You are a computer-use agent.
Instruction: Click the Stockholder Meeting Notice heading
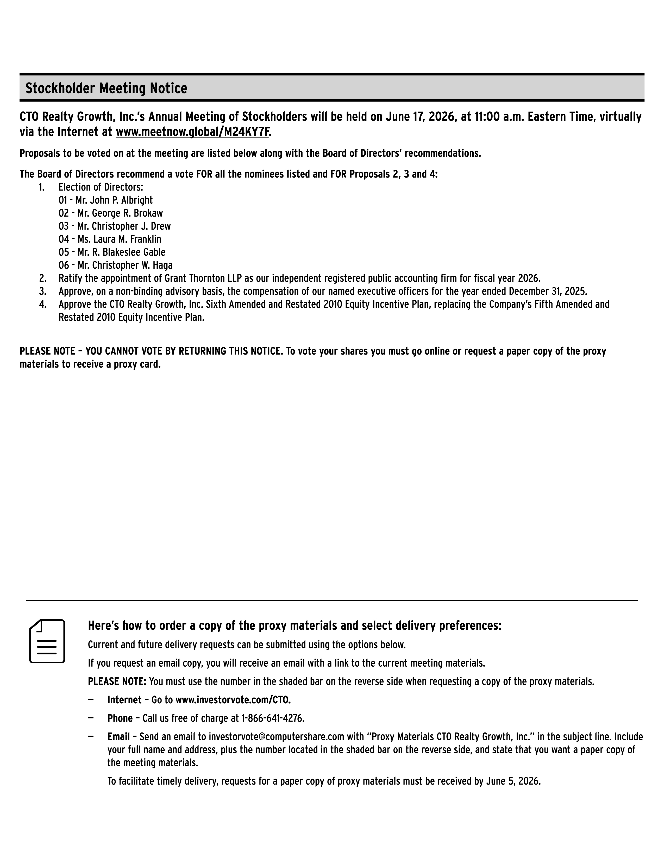[x=106, y=88]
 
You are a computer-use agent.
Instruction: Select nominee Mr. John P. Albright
[x=114, y=200]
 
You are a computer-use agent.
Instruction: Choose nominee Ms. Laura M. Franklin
[x=119, y=239]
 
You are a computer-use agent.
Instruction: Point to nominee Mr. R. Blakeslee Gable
[x=121, y=252]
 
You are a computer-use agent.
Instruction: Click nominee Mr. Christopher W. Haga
[x=125, y=265]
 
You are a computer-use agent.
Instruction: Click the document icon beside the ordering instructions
[x=47, y=641]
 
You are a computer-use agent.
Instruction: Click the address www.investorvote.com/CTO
[x=233, y=700]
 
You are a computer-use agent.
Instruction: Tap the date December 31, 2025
[x=547, y=292]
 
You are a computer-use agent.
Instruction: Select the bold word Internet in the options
[x=124, y=700]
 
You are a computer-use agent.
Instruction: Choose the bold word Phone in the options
[x=120, y=719]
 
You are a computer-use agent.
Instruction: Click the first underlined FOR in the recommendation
[x=204, y=174]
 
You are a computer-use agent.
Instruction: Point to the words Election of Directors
[x=101, y=187]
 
